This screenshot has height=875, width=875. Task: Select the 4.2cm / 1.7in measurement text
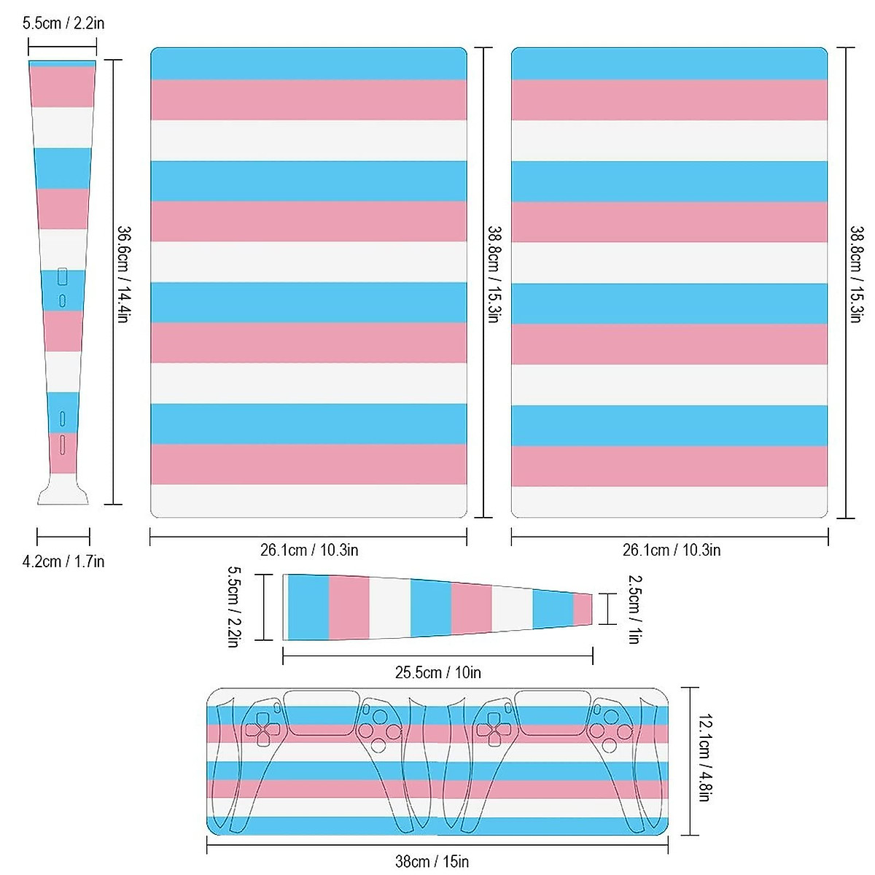point(63,561)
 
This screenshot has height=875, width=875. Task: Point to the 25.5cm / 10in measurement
point(437,672)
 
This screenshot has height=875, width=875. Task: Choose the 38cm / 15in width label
point(432,862)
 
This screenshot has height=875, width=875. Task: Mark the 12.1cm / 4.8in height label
point(704,758)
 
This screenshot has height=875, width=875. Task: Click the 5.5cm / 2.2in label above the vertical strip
point(63,23)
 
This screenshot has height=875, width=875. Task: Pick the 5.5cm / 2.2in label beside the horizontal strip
point(234,607)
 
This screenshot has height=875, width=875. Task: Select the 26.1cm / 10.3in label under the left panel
point(309,550)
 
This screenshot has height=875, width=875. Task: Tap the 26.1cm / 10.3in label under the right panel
point(671,550)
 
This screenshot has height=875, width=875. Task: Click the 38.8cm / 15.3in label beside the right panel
point(856,274)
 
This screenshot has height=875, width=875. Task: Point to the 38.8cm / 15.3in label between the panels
point(494,274)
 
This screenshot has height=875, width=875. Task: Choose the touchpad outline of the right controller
point(552,713)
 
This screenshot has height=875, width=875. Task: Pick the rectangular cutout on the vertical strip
point(62,277)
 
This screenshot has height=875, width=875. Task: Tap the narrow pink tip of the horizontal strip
point(583,609)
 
